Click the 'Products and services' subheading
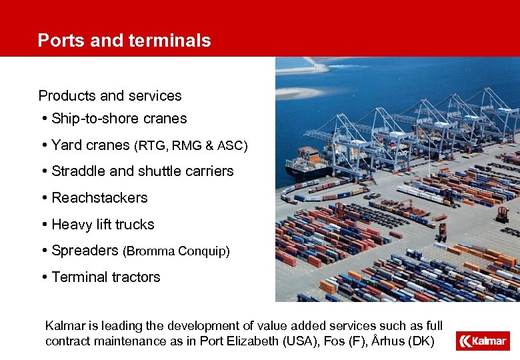[x=110, y=96]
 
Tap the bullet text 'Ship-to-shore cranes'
[x=119, y=119]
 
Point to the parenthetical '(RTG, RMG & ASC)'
[x=191, y=146]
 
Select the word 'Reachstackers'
[x=99, y=198]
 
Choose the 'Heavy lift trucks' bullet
[x=103, y=225]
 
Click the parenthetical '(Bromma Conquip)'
[x=177, y=251]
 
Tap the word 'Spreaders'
[x=85, y=251]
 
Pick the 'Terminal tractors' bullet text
[x=106, y=277]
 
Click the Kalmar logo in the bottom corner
[x=482, y=341]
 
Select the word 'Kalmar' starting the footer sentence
[x=65, y=326]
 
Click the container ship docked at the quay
[x=313, y=163]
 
